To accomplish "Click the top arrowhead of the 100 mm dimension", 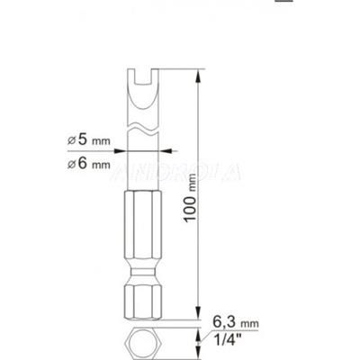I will (196, 82).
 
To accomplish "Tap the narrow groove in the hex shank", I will (137, 271).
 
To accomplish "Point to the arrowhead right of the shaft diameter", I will (163, 151).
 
